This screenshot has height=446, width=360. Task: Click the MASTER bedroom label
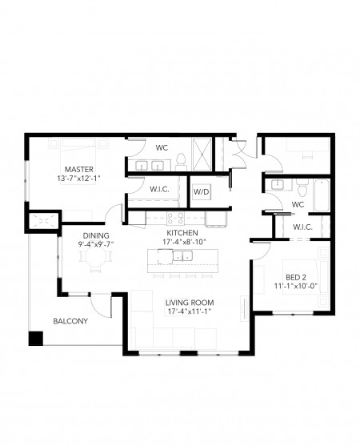tap(80, 169)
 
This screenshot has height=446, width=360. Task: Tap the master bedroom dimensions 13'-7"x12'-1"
tap(80, 179)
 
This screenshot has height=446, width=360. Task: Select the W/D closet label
tap(200, 191)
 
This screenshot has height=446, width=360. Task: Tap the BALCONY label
tap(70, 322)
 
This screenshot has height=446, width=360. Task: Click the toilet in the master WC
tap(182, 159)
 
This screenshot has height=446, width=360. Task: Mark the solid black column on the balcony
tap(35, 338)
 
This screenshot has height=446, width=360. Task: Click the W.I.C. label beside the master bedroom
tap(158, 191)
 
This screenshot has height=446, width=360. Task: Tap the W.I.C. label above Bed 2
tap(302, 227)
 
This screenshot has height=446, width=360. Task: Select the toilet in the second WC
tap(301, 187)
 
